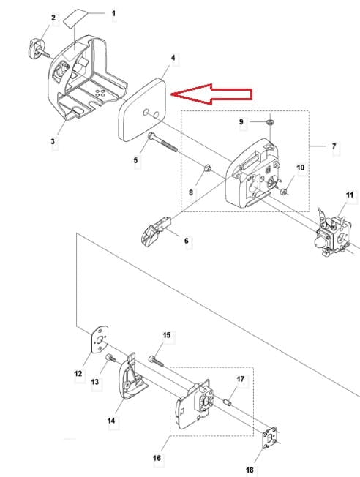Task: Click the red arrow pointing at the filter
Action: (x=211, y=94)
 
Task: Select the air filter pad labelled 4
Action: (x=143, y=110)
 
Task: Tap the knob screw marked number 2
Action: (x=39, y=50)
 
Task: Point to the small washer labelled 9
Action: (x=269, y=122)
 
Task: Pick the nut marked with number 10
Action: (x=284, y=192)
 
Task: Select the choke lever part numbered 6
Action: (x=155, y=230)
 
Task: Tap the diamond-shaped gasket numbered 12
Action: (x=100, y=339)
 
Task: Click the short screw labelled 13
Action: (x=110, y=358)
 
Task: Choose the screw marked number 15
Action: (x=157, y=361)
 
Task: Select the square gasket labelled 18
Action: (x=270, y=437)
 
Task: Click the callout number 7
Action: (x=334, y=146)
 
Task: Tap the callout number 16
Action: (x=157, y=458)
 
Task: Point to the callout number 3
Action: (x=53, y=141)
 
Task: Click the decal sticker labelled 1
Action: (x=75, y=18)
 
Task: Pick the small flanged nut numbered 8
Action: (x=207, y=168)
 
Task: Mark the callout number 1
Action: (x=113, y=13)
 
